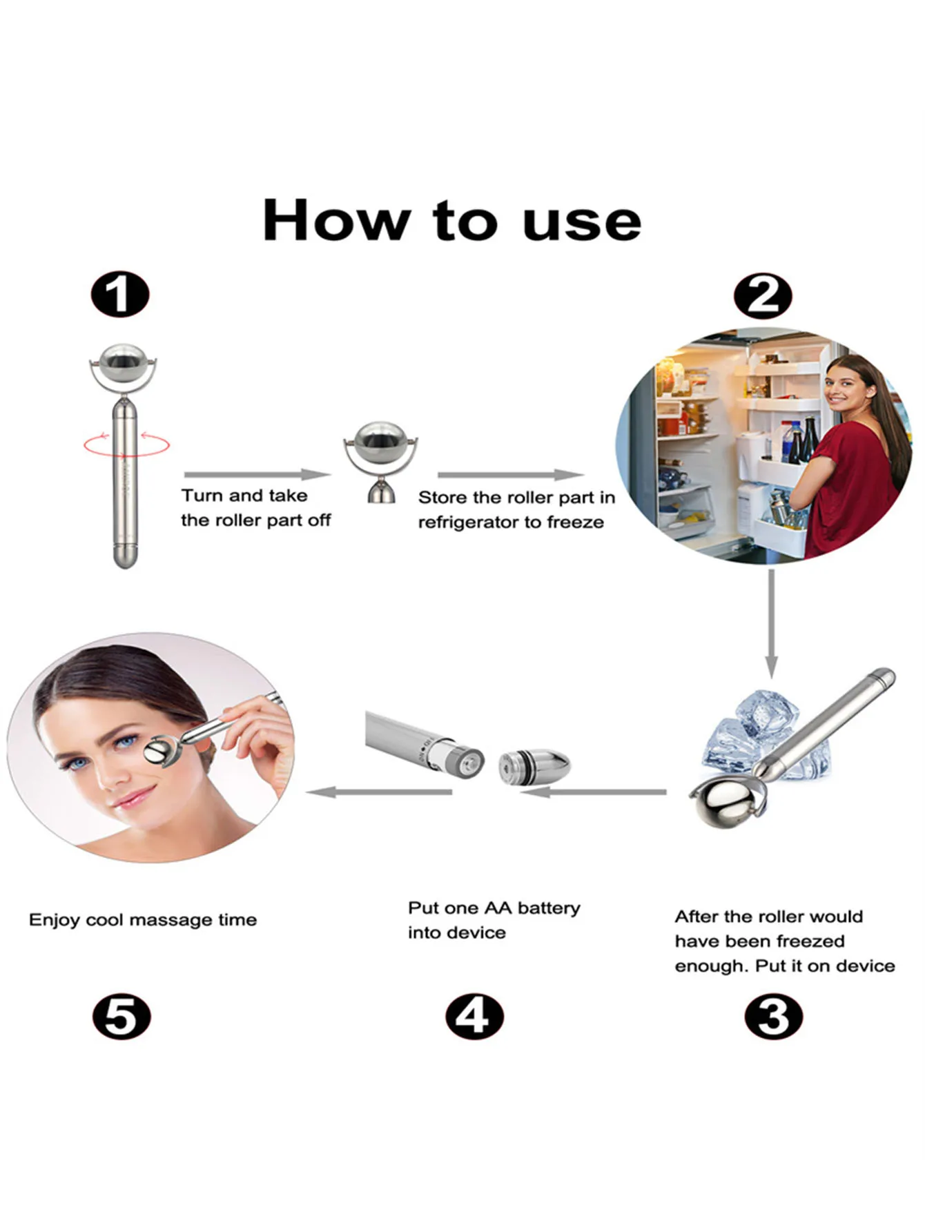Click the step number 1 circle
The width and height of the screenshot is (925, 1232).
click(120, 294)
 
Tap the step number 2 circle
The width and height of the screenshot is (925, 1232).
click(763, 296)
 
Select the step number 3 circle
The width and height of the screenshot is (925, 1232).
click(774, 1017)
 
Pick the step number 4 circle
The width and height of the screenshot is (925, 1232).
click(474, 1017)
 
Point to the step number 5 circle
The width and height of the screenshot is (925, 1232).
click(121, 1017)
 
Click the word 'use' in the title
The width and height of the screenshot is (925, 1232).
click(582, 222)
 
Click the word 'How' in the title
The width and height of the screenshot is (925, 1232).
click(336, 220)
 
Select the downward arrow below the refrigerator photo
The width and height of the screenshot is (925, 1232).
click(771, 623)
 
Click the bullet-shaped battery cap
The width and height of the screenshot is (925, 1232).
click(534, 766)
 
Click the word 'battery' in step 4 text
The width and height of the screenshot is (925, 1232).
click(549, 908)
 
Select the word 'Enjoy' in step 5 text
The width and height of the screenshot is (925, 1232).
click(55, 920)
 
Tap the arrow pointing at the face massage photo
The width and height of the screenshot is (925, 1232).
click(379, 792)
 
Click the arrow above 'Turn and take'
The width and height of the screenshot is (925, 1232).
click(257, 474)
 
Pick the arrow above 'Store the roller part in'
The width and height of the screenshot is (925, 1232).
click(511, 474)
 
